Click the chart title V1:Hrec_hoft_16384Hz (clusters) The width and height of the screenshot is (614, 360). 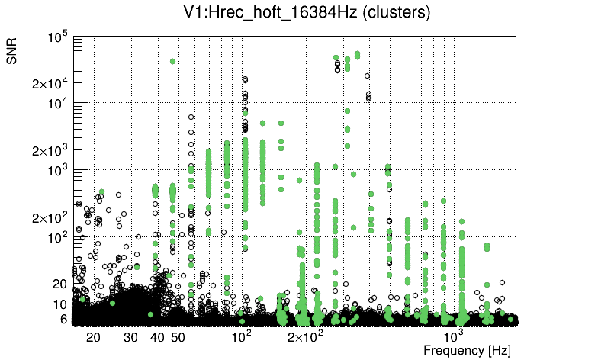307,12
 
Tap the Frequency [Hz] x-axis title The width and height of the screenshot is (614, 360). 467,350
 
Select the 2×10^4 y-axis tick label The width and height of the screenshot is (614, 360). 51,83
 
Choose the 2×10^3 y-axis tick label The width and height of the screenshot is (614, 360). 51,150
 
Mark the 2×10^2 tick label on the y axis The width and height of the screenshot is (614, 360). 51,217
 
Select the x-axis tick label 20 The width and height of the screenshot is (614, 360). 94,337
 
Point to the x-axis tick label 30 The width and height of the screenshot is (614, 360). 131,337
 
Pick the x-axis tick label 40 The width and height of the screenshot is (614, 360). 158,337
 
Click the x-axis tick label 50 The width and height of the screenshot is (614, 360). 178,337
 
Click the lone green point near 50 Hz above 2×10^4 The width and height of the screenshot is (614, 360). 173,61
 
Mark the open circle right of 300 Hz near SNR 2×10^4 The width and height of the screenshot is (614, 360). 367,76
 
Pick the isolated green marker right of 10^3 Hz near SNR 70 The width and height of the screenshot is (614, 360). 487,246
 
